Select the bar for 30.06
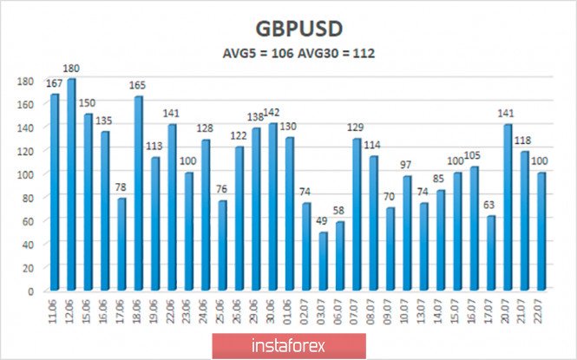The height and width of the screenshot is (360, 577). coord(273,206)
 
